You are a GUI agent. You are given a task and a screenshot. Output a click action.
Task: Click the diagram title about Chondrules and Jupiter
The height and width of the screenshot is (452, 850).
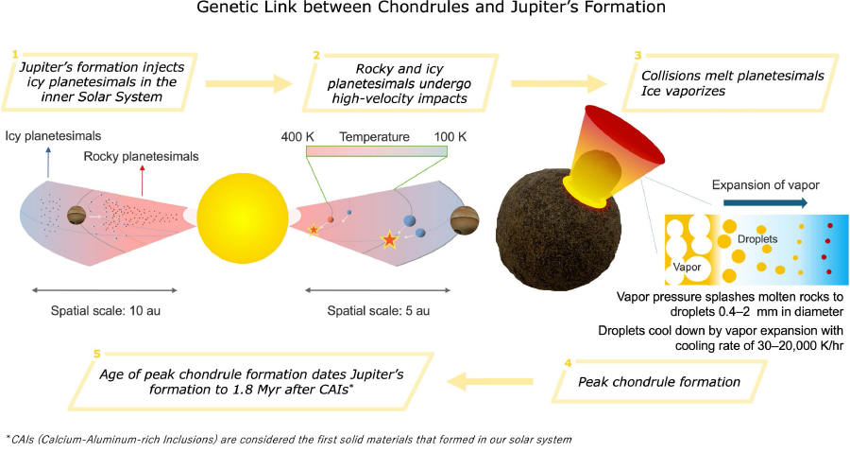pyautogui.click(x=431, y=8)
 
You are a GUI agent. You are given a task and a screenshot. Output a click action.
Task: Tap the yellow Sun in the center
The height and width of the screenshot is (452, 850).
pyautogui.click(x=243, y=218)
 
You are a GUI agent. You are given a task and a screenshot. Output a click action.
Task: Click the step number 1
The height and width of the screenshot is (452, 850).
pyautogui.click(x=15, y=54)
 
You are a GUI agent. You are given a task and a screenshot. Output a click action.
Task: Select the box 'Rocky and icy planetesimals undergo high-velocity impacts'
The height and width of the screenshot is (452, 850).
pyautogui.click(x=399, y=83)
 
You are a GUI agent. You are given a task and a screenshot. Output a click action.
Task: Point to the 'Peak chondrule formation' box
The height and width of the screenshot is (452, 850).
pyautogui.click(x=659, y=381)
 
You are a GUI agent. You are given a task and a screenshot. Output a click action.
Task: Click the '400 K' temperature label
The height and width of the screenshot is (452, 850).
pyautogui.click(x=297, y=137)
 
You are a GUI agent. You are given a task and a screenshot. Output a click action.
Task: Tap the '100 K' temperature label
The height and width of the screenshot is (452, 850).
pyautogui.click(x=450, y=137)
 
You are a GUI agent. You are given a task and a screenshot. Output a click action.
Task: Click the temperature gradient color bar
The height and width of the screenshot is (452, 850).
pyautogui.click(x=377, y=151)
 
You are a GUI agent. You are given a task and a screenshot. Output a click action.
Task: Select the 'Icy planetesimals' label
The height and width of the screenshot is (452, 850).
pyautogui.click(x=53, y=135)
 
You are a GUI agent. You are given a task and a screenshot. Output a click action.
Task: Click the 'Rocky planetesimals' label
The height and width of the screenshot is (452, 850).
pyautogui.click(x=141, y=156)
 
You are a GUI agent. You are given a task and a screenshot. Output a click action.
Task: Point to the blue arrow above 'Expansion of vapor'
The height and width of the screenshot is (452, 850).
pyautogui.click(x=765, y=203)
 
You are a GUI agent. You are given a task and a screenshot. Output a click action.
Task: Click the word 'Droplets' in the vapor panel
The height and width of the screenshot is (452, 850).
pyautogui.click(x=757, y=238)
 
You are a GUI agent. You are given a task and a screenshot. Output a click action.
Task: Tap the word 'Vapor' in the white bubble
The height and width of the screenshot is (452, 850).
pyautogui.click(x=687, y=267)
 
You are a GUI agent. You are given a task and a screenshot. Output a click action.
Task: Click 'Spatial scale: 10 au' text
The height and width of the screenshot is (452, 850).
pyautogui.click(x=105, y=311)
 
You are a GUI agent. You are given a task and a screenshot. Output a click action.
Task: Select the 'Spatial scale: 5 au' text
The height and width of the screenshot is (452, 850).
pyautogui.click(x=379, y=311)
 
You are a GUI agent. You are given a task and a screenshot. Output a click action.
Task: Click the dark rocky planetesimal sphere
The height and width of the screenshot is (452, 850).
pyautogui.click(x=558, y=231)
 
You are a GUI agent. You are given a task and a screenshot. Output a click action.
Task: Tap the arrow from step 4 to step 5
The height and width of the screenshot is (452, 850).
pyautogui.click(x=489, y=381)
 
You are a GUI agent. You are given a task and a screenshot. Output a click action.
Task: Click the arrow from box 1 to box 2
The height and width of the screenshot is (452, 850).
pyautogui.click(x=248, y=83)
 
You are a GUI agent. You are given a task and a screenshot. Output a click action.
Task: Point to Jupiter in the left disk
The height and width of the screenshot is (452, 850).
pyautogui.click(x=77, y=216)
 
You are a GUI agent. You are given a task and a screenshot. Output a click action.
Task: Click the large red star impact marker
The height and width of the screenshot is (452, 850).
pyautogui.click(x=389, y=239)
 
